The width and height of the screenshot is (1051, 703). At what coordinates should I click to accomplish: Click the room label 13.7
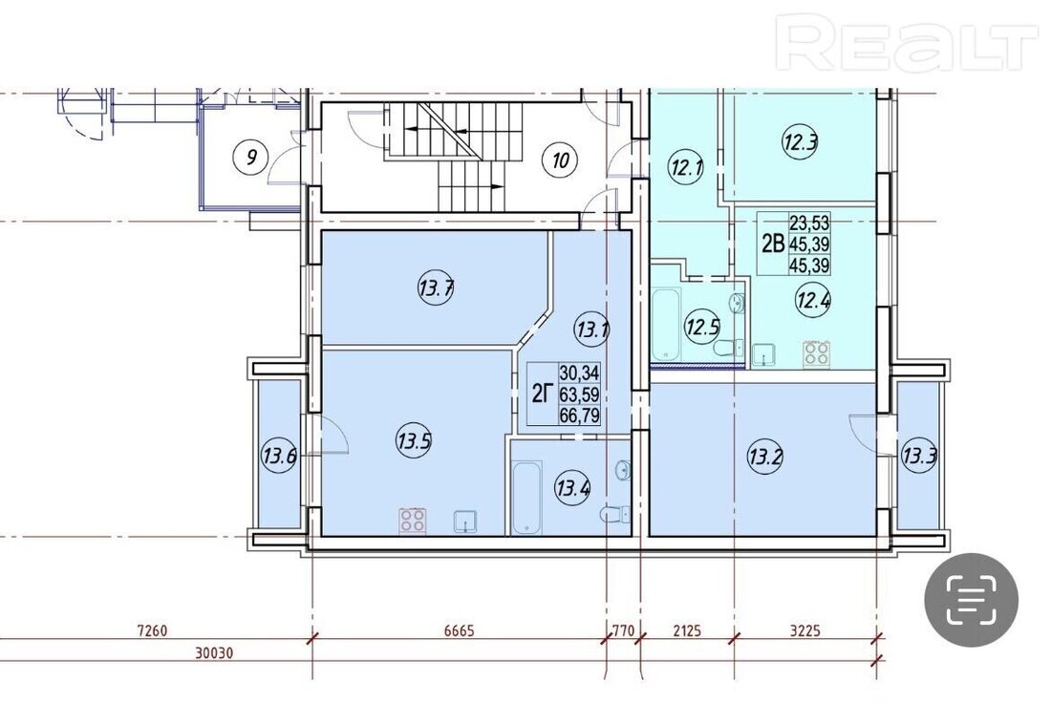pos(437,288)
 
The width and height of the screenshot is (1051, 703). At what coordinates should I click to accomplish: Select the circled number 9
pos(250,157)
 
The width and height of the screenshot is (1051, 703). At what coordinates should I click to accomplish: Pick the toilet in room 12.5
pos(728,348)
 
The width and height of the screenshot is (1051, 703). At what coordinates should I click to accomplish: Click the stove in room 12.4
pos(817,353)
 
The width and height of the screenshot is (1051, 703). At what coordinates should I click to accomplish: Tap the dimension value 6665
pos(460,630)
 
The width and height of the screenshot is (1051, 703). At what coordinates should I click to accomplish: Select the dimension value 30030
pos(214,652)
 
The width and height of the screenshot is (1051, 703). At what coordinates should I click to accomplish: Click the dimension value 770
pos(623,630)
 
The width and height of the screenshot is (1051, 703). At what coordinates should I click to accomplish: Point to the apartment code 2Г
pos(543,394)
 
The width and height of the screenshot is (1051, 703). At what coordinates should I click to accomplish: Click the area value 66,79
pos(579,415)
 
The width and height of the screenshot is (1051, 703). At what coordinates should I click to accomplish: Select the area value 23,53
pos(809,222)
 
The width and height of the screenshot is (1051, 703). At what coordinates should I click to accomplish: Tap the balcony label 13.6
pos(278,458)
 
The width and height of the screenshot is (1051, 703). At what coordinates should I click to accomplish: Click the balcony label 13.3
pos(918,458)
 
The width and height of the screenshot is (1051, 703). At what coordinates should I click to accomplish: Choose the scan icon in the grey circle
pos(972,600)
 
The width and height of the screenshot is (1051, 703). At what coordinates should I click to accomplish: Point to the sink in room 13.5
pos(465,522)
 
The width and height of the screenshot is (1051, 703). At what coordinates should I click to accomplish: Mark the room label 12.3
pos(801,141)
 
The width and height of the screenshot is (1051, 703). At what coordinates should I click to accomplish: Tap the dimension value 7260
pos(152,630)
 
